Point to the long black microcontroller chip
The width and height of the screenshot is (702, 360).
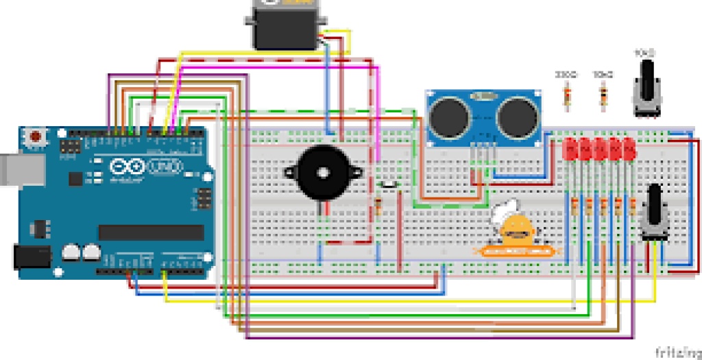tap(151, 232)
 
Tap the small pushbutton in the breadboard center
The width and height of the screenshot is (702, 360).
tap(389, 184)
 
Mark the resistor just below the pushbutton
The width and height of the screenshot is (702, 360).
tap(378, 206)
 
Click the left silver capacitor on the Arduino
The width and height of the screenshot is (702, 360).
tap(71, 253)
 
